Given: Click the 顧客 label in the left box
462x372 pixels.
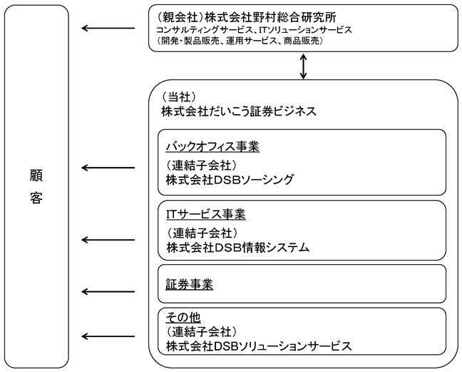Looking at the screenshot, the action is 36,186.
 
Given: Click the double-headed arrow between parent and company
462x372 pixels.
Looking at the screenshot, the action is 303,66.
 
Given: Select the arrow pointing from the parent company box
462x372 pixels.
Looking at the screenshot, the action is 108,29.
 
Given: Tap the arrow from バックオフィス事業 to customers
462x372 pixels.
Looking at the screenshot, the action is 108,168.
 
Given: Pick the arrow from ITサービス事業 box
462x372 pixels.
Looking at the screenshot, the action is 108,240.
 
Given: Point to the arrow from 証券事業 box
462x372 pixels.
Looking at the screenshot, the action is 108,292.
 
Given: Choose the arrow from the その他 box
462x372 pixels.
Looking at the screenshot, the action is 108,336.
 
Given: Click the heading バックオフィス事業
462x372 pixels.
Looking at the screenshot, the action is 212,146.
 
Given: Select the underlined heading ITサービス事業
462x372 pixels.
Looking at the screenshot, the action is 205,214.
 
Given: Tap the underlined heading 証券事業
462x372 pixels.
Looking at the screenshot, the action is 189,285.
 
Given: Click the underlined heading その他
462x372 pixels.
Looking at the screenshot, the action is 183,318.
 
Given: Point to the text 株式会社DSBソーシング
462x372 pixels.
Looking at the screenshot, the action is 230,180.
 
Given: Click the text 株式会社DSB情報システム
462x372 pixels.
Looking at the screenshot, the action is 238,248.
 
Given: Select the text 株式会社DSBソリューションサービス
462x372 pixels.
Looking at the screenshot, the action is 259,346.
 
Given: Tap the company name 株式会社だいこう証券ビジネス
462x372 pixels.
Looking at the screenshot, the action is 239,111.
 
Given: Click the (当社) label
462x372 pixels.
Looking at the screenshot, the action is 178,96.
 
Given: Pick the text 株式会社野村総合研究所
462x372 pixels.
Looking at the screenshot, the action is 270,17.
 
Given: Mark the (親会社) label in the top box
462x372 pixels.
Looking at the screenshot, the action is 180,17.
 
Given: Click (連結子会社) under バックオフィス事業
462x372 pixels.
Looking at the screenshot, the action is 201,165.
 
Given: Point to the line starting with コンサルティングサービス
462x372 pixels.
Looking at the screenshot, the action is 254,30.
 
